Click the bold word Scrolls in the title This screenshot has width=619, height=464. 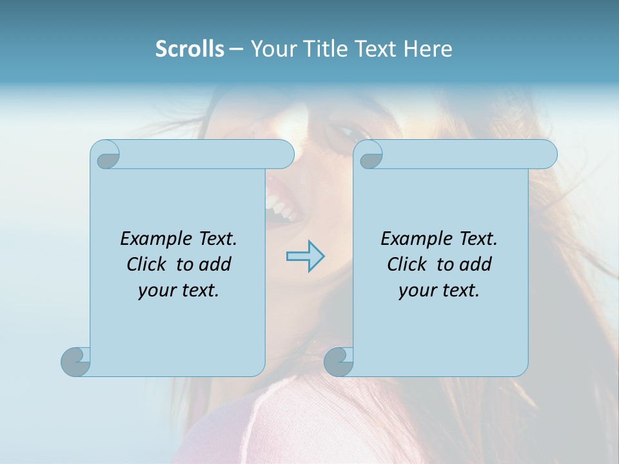(x=190, y=49)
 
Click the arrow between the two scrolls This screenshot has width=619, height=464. (x=305, y=256)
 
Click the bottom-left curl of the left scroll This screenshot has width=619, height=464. (x=75, y=362)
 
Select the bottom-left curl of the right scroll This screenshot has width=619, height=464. (x=338, y=362)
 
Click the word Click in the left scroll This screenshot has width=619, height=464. (x=146, y=264)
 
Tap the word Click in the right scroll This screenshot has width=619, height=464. (x=406, y=264)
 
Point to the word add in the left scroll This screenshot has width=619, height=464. (x=217, y=264)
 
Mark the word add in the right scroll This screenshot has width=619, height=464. (x=477, y=264)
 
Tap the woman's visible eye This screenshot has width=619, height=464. (x=348, y=133)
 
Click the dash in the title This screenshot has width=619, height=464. (x=236, y=49)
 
